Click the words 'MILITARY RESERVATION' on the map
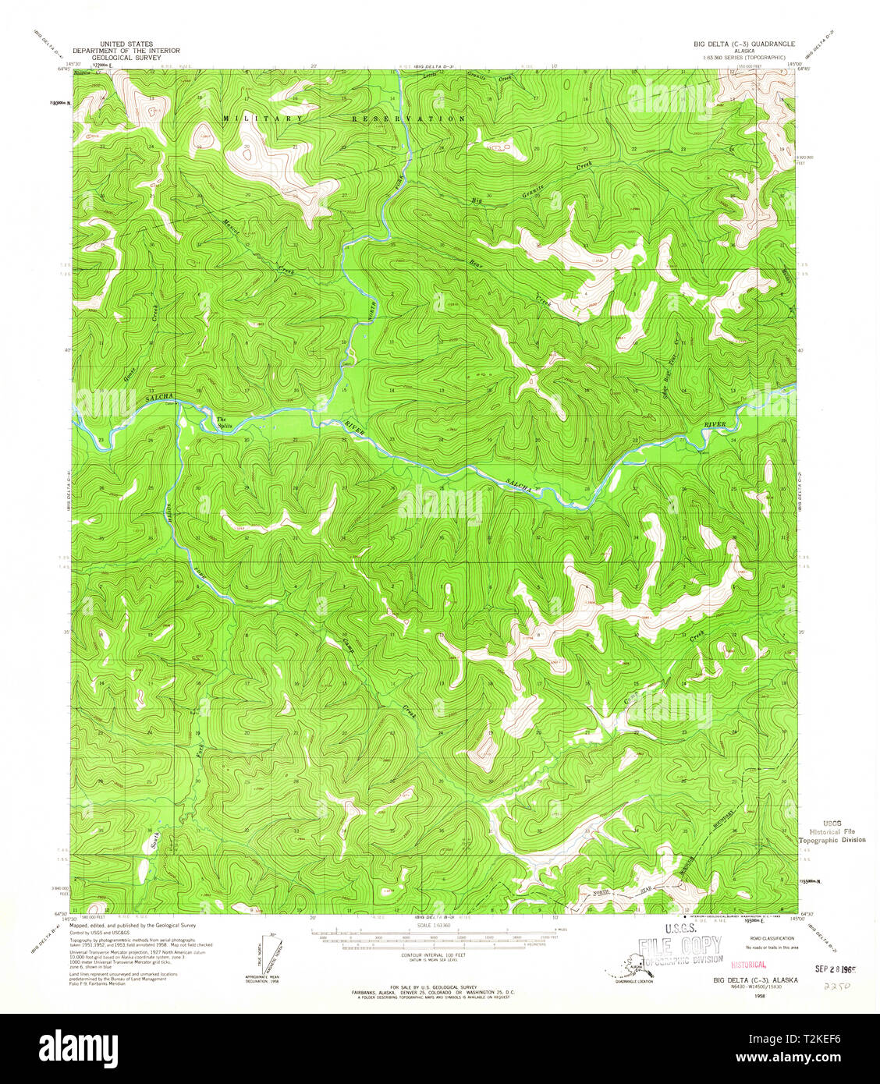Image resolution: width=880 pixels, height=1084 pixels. point(343,119)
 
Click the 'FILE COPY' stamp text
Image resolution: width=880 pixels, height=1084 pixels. point(680,947)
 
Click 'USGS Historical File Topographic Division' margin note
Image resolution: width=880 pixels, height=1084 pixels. point(832,831)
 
